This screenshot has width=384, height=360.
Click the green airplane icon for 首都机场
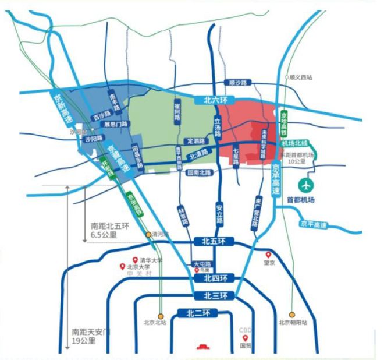305,185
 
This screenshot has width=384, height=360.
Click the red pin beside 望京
268,255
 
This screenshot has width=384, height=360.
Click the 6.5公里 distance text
104,235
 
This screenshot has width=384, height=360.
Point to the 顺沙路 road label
239,83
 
